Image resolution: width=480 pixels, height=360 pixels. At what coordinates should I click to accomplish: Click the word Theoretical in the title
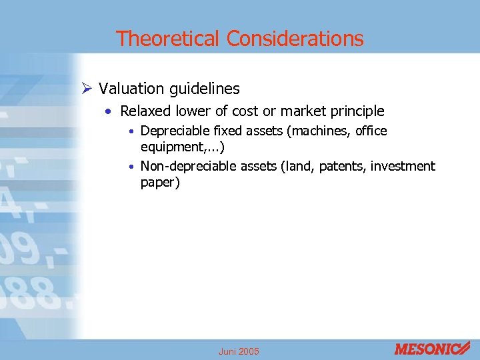(x=169, y=39)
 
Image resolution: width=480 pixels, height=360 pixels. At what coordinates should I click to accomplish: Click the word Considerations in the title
(x=295, y=39)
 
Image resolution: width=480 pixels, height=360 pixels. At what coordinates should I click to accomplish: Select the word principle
(x=356, y=111)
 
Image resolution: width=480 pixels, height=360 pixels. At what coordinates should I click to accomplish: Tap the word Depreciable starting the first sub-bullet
(x=172, y=131)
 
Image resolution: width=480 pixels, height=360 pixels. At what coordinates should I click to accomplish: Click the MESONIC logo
(x=432, y=348)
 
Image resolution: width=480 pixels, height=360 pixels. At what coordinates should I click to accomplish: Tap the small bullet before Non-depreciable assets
(x=134, y=167)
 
